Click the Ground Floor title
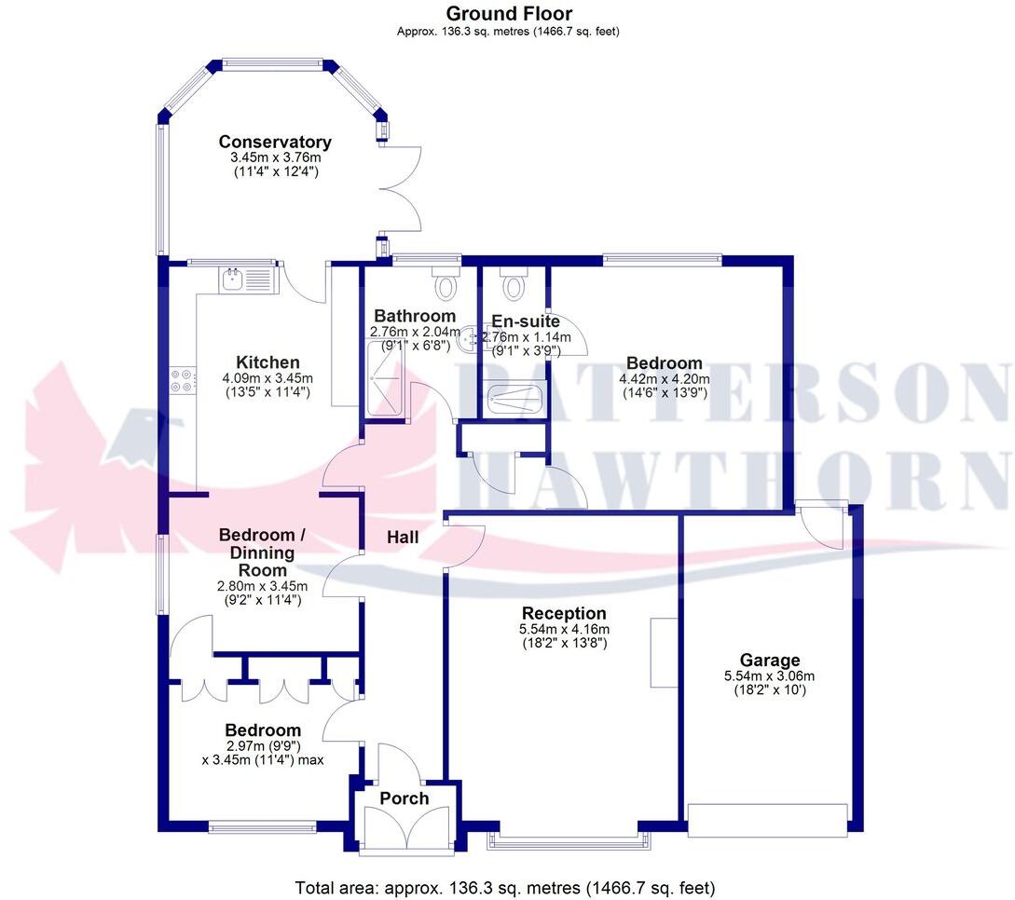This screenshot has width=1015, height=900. coord(509,13)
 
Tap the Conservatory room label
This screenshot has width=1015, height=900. coord(275,142)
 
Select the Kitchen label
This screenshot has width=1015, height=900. coord(267,362)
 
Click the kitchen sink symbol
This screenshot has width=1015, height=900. coord(232,278)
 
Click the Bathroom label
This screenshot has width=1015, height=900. coord(416,317)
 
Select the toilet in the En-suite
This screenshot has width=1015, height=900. coord(513,279)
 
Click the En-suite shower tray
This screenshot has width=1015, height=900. coord(512,399)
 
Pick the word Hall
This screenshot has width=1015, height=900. coord(404,538)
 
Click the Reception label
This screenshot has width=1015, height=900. coord(564,613)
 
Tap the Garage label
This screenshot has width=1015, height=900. coord(770,661)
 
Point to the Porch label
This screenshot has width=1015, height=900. coord(405,798)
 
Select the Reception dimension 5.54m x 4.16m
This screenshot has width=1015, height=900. coord(563,629)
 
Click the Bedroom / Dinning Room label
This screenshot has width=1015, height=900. coord(262,552)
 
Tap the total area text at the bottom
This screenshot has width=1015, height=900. coord(505,887)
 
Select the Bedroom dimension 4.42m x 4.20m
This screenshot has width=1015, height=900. coord(664,378)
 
